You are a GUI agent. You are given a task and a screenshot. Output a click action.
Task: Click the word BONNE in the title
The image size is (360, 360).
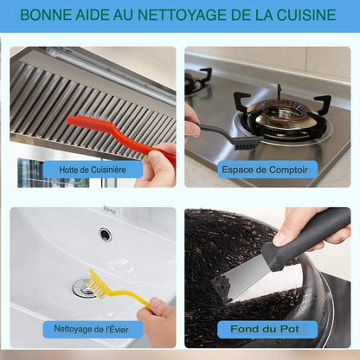[x=46, y=16]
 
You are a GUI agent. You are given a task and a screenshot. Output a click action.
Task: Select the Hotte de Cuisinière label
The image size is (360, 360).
[x=93, y=170]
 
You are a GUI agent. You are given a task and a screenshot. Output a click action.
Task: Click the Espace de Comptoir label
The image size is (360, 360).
[x=267, y=170]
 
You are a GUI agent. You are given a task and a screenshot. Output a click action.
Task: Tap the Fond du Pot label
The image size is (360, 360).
[x=267, y=329]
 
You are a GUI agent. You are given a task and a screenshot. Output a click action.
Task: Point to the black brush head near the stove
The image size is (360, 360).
[x=244, y=141]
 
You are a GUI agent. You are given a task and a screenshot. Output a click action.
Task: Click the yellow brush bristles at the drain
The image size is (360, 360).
[x=94, y=285]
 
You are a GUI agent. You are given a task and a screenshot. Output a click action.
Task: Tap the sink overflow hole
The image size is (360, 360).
[x=105, y=234]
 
